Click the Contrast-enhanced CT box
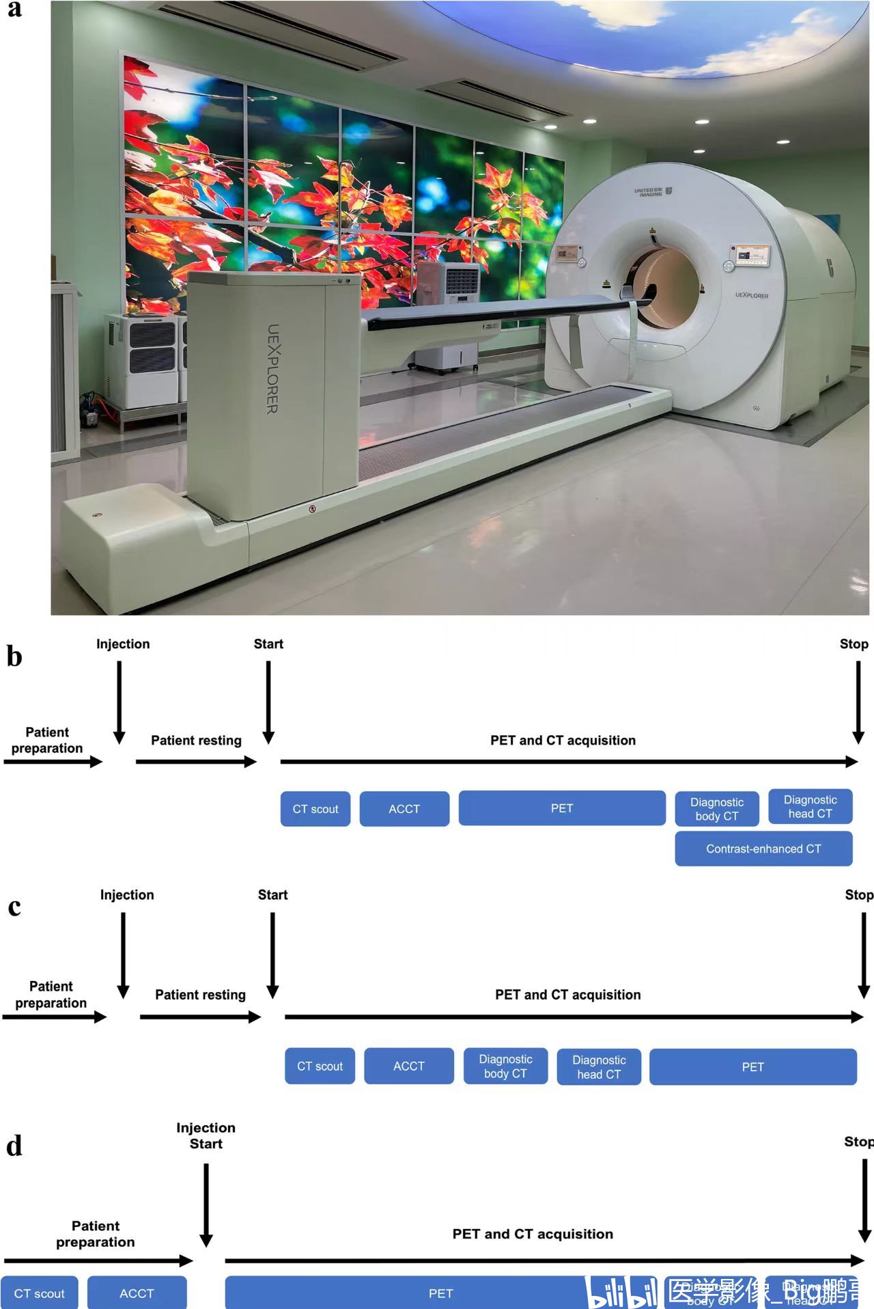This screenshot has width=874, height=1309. pos(763,849)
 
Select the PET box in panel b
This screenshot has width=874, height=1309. pos(562,808)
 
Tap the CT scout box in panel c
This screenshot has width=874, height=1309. pos(320,1066)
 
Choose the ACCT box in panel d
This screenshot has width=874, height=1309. pos(137,1293)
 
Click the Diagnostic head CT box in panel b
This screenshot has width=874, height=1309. pos(810,807)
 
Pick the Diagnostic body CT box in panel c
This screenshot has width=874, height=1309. pos(505,1066)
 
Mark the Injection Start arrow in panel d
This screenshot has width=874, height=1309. pos(206,1205)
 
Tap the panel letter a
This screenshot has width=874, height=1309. pos(14,9)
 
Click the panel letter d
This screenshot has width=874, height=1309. pos(14,1146)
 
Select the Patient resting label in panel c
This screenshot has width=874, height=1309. pos(200,995)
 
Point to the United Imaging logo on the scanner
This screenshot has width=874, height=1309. pos(653,192)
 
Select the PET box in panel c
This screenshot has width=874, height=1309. pos(752,1066)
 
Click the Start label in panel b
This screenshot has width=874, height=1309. pos(268,644)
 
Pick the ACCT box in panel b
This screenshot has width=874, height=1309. pos(404,809)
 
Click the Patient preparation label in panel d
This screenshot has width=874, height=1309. pos(96,1234)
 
